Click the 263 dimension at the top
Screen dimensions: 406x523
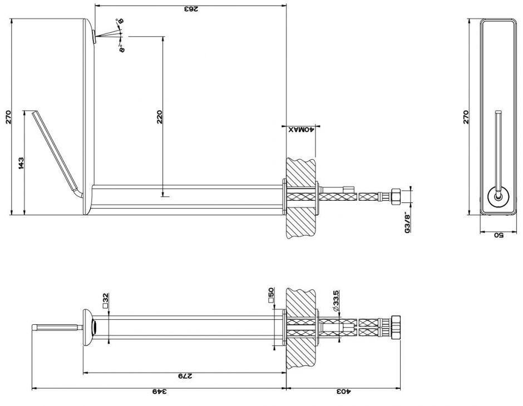190,9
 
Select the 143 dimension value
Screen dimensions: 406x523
21,163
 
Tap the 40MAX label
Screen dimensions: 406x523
301,129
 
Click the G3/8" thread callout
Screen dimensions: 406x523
407,221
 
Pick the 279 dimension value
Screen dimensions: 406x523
184,377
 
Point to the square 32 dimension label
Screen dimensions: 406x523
105,301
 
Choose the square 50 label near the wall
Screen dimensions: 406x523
271,295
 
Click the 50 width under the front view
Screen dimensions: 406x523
498,235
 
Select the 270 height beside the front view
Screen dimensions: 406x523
466,117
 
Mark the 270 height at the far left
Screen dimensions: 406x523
8,117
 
